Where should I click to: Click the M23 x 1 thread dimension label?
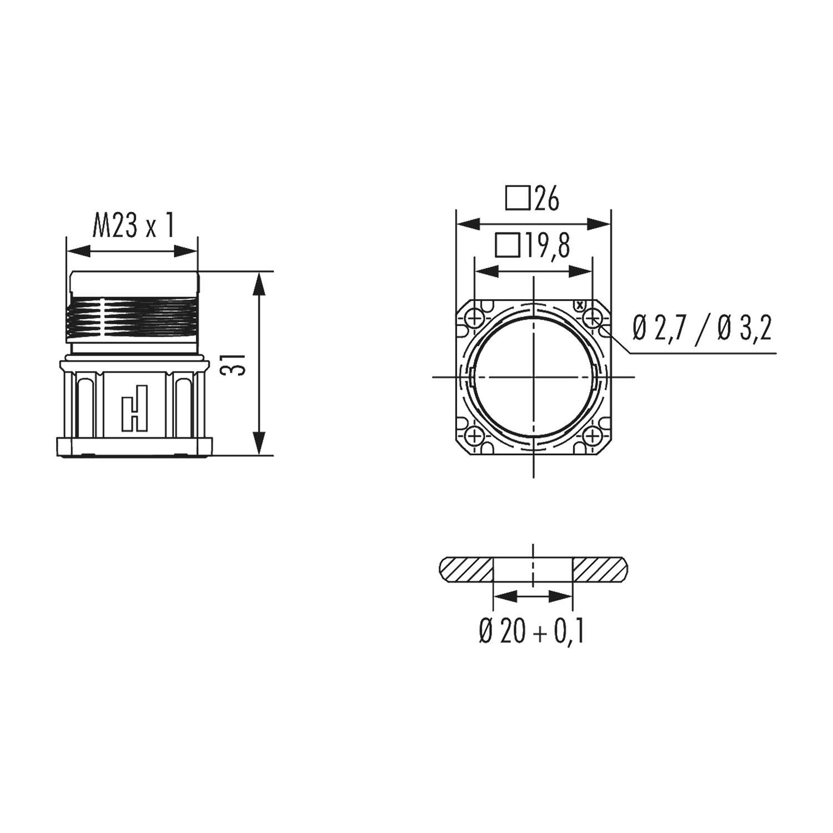coord(133,226)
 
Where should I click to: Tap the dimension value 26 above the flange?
coord(547,199)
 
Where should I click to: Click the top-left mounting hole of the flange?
coord(475,318)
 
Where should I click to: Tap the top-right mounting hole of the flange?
coord(593,318)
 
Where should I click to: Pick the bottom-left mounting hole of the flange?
coord(475,436)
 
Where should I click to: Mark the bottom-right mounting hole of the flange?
coord(593,436)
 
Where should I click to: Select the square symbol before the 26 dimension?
coord(518,199)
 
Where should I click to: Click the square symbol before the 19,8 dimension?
coord(508,245)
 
